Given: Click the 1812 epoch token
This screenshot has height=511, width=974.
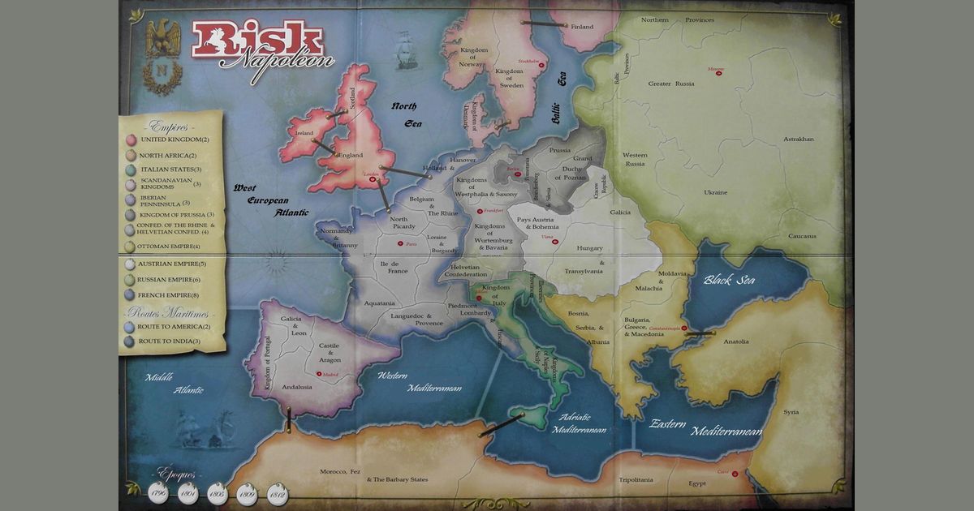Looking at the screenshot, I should [x=277, y=493].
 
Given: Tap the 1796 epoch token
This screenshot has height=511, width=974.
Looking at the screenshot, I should [x=159, y=493].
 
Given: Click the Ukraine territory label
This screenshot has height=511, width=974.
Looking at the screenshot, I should [x=715, y=192].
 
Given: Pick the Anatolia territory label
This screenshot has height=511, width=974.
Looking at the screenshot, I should [x=735, y=341].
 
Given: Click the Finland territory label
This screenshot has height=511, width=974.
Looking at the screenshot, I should [x=582, y=27].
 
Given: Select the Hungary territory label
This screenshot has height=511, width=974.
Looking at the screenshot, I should [x=589, y=248].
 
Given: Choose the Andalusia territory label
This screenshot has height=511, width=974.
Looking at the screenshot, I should [x=296, y=388].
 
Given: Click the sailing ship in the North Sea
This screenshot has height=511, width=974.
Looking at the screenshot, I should [x=404, y=49].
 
